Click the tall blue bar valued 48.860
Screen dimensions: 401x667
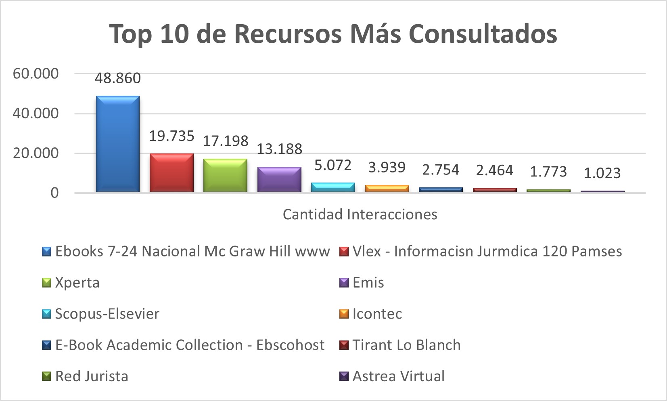tap(118, 144)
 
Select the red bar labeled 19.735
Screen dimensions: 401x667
tap(171, 172)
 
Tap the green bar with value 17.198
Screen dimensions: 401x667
tap(225, 175)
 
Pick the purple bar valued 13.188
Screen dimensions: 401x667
tap(279, 179)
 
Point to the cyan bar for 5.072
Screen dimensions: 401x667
tap(333, 187)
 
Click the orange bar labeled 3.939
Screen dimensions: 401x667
tap(387, 189)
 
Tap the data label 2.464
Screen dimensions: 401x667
tap(495, 170)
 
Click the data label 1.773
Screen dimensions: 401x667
tap(548, 172)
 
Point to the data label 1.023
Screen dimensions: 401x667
tap(602, 173)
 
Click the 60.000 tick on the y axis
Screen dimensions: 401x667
tap(36, 73)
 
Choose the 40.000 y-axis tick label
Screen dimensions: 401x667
tap(36, 113)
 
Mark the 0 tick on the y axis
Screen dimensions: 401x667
tap(54, 193)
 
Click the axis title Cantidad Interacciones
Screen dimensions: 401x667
tap(360, 214)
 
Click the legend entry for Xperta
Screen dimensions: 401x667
tap(77, 282)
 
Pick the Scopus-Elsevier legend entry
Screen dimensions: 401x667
tap(107, 314)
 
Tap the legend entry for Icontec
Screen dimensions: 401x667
tap(377, 314)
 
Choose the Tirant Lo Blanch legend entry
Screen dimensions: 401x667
tap(406, 345)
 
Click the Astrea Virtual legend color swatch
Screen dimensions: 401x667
tap(344, 376)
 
